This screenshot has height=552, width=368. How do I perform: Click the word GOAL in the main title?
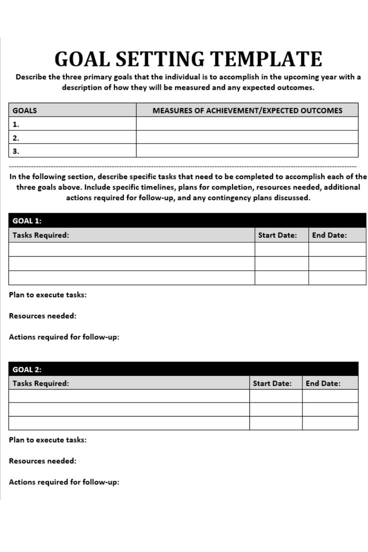coord(81,59)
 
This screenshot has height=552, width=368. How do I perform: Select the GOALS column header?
coord(24,110)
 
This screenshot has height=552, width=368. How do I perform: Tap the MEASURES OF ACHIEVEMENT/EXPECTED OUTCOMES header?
coord(247,110)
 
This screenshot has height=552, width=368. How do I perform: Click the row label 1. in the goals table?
coord(16,124)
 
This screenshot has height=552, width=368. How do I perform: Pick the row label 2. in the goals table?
coord(16,138)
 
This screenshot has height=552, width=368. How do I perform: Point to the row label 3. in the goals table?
coord(16,151)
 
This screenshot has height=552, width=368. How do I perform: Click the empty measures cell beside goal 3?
coord(247,151)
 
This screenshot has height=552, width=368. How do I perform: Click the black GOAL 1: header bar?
coord(187,221)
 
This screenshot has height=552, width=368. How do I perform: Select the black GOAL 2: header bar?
coord(183,369)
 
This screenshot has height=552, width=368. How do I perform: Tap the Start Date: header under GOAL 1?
coord(277,235)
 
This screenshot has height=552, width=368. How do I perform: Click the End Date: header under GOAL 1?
coord(329,235)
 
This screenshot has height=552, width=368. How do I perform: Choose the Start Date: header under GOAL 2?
coord(272,383)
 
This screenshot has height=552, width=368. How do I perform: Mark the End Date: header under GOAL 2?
coord(323,383)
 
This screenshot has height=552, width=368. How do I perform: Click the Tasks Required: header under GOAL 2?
coord(41,383)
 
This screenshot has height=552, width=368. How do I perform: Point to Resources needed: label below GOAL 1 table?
coord(43,316)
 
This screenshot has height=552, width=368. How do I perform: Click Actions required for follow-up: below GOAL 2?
coord(64,482)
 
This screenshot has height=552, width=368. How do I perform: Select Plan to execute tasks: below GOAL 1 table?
coord(48,295)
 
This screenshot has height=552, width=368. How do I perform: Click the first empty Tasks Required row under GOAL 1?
coord(131,249)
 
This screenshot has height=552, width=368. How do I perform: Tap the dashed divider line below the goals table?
coord(183,166)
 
